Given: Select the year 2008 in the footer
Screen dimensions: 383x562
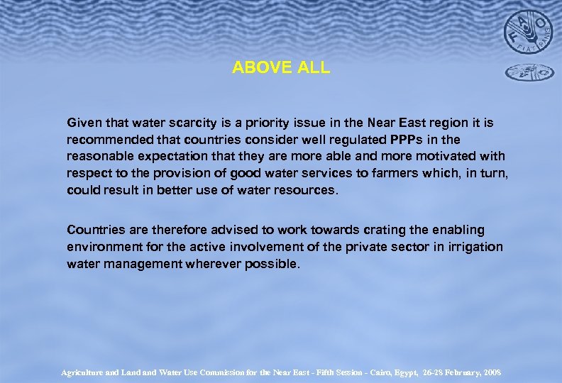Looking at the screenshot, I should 489,372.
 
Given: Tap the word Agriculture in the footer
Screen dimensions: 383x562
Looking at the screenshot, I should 85,372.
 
